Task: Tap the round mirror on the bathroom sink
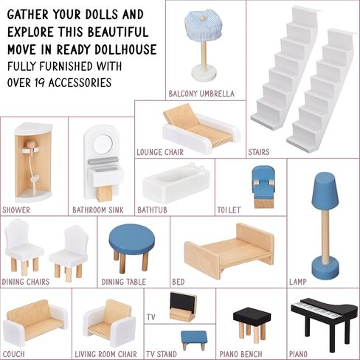tap(103, 145)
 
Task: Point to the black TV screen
tap(184, 302)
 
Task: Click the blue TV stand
tap(194, 340)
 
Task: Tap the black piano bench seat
tap(252, 316)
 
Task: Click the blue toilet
tap(263, 187)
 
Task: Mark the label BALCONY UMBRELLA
tap(201, 94)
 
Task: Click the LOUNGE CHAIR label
tap(160, 152)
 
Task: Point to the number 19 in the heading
tap(38, 83)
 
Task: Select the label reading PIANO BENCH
tap(240, 354)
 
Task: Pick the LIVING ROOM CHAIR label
tap(105, 354)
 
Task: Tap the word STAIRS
tap(259, 152)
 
